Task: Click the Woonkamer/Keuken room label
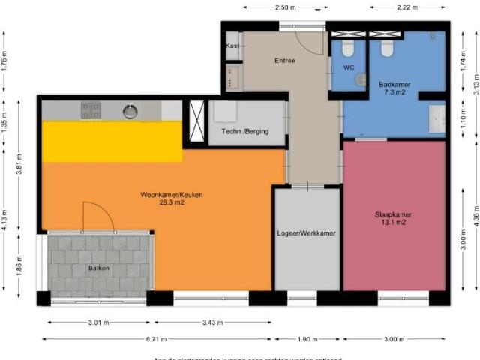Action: [x=171, y=195]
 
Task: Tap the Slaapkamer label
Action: [x=393, y=214]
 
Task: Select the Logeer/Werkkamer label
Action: [x=306, y=233]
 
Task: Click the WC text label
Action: [x=348, y=67]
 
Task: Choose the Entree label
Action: [x=285, y=61]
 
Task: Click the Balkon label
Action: [x=99, y=268]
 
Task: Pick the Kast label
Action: [x=232, y=46]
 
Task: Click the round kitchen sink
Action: [x=130, y=111]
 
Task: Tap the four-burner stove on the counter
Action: [x=91, y=110]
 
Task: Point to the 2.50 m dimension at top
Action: [x=286, y=7]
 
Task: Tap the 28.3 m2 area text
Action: [x=171, y=202]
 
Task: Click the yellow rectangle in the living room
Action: [x=112, y=142]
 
